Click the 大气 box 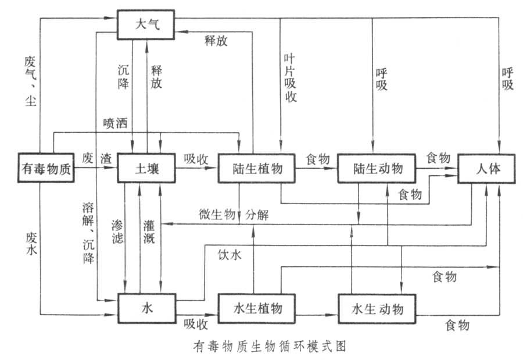point(146,24)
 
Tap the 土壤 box point(146,169)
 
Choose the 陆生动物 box point(377,169)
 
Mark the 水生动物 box point(377,308)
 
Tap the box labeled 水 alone point(146,308)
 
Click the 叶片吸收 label point(291,78)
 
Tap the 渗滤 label point(115,230)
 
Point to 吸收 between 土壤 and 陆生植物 point(196,159)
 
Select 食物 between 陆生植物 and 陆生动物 point(318,159)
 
